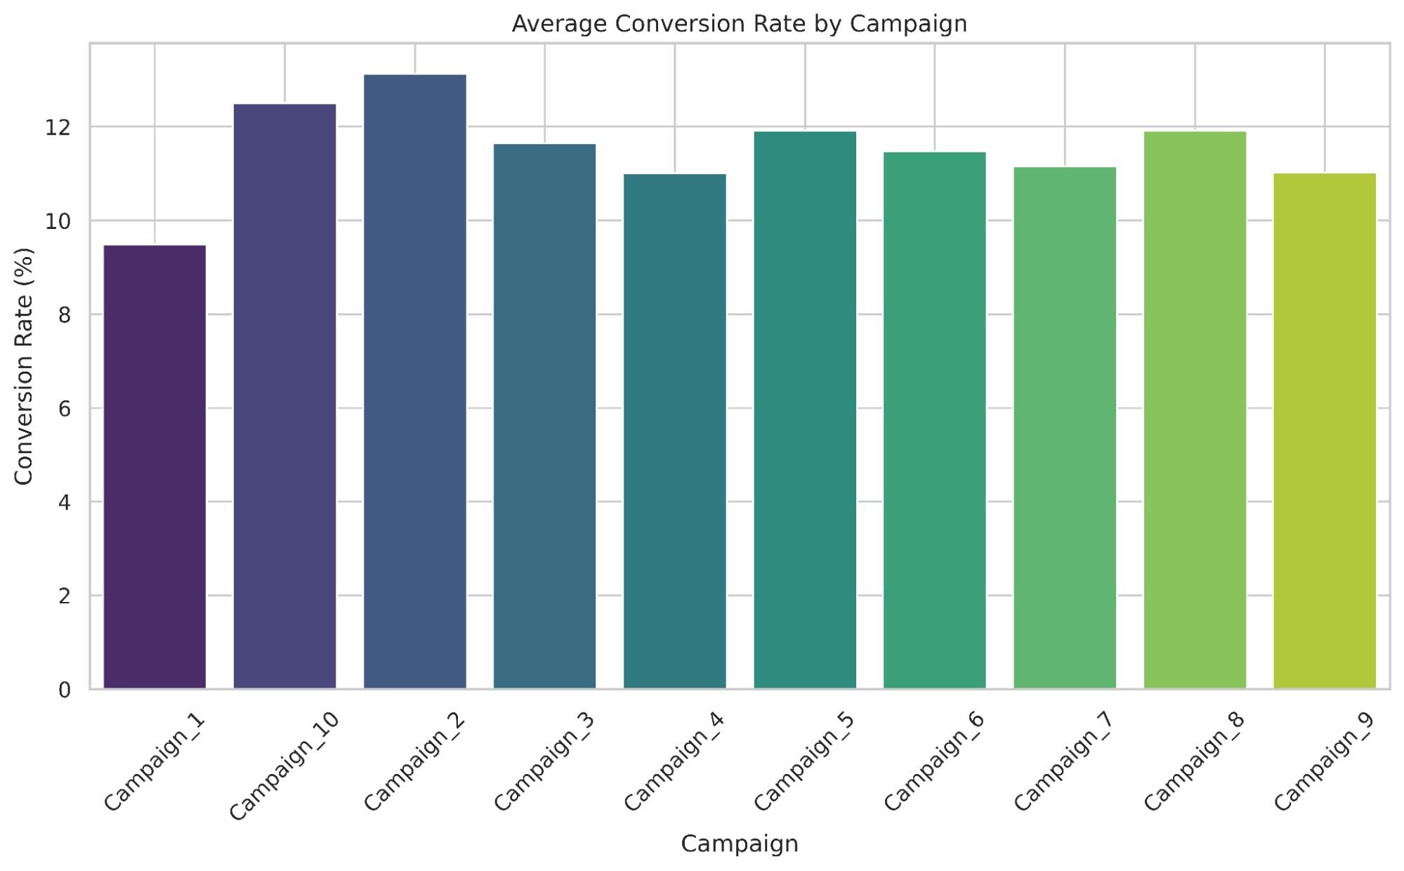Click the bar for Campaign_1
(155, 467)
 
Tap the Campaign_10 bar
(284, 397)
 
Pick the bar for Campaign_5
(805, 410)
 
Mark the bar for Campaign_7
(1065, 428)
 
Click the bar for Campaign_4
(675, 431)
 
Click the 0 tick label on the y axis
(65, 690)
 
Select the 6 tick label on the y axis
(65, 409)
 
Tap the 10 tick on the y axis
(59, 221)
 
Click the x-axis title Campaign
(740, 844)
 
